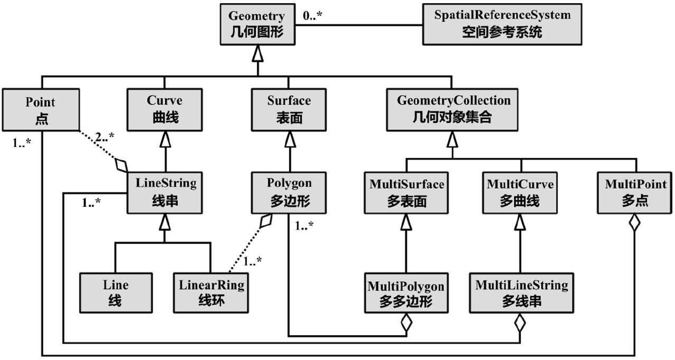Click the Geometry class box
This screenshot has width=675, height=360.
point(256,24)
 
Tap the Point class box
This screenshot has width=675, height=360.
point(41,109)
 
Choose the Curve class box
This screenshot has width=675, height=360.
point(164,109)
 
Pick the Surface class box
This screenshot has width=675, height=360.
point(289,109)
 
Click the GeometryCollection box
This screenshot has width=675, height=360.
point(453,109)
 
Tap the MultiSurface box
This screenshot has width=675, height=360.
point(406,192)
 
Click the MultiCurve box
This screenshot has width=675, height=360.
point(520,192)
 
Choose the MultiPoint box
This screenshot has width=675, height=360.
point(635,192)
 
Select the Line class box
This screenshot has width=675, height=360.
point(116,292)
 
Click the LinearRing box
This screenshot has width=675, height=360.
point(210,292)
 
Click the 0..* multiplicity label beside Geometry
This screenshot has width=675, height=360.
point(312,16)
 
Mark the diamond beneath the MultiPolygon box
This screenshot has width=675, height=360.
point(406,322)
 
